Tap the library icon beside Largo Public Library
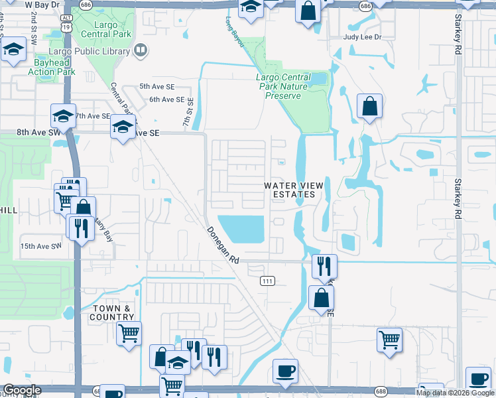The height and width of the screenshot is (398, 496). coord(140,50)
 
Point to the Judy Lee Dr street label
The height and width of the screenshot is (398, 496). coord(363,37)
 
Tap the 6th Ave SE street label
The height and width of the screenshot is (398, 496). coord(166,99)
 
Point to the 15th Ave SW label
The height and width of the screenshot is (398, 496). coord(40,246)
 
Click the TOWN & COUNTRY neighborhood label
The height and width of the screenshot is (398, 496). coord(113,312)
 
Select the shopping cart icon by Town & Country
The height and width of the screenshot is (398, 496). coord(129,332)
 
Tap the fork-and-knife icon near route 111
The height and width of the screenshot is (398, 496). coord(324,266)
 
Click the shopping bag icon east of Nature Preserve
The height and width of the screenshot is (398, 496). coord(369,106)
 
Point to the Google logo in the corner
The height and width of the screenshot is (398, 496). coord(22,390)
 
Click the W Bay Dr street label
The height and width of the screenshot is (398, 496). coord(37,5)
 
